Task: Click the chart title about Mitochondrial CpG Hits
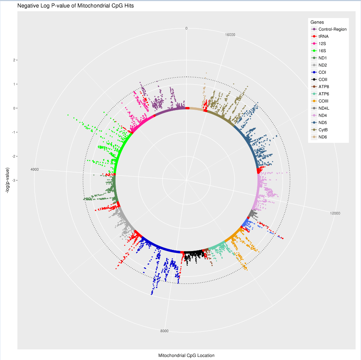point(75,6)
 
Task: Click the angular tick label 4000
point(34,170)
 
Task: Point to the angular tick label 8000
point(164,331)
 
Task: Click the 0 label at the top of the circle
point(186,28)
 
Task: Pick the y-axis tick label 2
point(14,60)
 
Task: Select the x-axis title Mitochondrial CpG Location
point(186,355)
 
